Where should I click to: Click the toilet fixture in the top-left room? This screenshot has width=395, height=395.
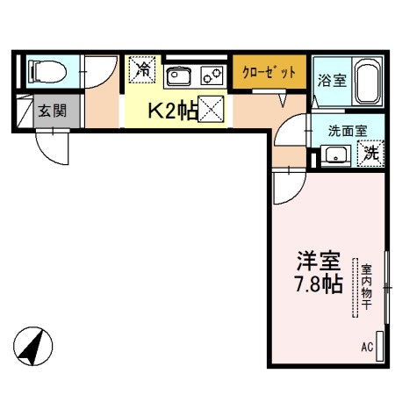point(46,70)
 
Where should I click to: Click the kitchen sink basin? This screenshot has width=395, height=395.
point(179,75)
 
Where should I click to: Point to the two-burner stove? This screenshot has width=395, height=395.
point(212,75)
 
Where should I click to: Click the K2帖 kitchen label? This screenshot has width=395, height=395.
point(170,111)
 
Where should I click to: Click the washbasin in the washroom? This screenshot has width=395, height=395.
point(334,155)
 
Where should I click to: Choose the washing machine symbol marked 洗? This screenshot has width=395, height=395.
point(371,153)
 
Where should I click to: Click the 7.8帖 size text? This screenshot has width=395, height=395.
point(317,285)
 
